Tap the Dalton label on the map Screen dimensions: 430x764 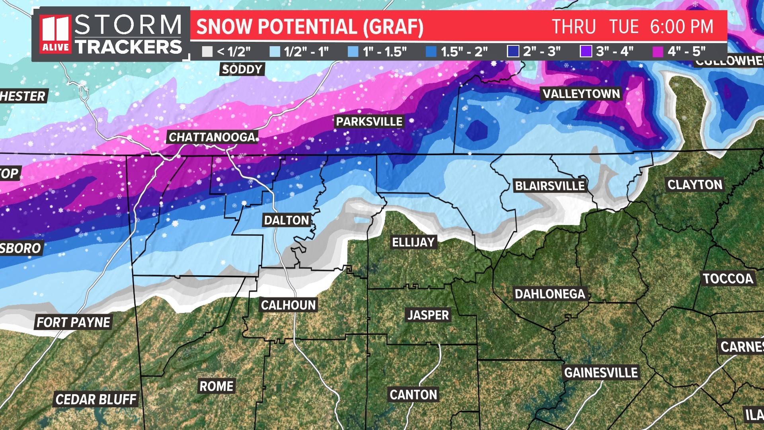pos(286,220)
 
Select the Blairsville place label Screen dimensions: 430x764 pos(550,186)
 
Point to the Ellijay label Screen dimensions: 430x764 pos(413,242)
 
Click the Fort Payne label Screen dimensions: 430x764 pos(73,322)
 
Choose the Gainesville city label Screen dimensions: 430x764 pos(601,373)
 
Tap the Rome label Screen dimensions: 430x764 pos(216,386)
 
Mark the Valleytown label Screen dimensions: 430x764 pos(581,94)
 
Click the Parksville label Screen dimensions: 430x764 pos(369,121)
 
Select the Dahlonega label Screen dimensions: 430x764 pos(550,294)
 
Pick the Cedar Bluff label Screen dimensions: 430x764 pos(96,399)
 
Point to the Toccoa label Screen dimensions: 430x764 pos(728,279)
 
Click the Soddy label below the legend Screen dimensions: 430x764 pos(242,69)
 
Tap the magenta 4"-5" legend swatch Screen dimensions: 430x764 pos(658,52)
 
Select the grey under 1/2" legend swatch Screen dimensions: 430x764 pos(207,52)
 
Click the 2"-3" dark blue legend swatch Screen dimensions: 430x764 pos(513,52)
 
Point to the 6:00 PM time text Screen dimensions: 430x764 pos(682,27)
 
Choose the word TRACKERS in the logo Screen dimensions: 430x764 pos(129,47)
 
